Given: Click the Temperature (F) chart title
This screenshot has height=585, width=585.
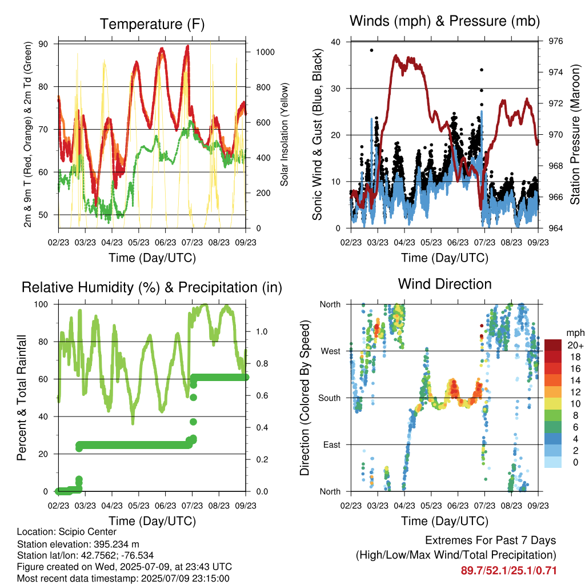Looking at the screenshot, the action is (x=152, y=24).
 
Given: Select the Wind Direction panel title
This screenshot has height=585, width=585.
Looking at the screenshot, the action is (x=444, y=284).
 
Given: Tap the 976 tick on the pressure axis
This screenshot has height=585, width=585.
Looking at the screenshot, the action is (x=555, y=41).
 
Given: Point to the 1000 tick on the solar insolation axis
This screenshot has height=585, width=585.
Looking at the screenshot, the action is (x=265, y=52).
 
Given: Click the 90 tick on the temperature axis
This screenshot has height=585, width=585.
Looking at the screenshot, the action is (x=43, y=44).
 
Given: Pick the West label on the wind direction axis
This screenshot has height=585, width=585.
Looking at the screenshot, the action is (x=331, y=351).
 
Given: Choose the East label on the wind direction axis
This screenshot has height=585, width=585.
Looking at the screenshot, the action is (x=332, y=444).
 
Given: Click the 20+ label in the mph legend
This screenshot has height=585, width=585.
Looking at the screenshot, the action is (x=575, y=345).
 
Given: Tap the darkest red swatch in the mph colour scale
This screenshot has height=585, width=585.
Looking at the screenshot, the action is (x=553, y=345).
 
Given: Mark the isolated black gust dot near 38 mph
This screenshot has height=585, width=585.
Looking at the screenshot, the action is (x=371, y=50).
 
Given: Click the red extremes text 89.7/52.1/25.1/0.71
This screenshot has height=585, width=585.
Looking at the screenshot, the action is (x=508, y=571).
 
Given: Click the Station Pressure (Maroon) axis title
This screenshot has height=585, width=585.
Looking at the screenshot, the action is (x=575, y=134).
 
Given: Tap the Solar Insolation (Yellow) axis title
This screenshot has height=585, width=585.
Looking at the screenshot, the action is (x=285, y=134).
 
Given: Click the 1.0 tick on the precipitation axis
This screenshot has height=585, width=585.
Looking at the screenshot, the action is (x=261, y=332).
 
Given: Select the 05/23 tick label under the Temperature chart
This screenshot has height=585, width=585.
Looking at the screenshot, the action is (x=138, y=242).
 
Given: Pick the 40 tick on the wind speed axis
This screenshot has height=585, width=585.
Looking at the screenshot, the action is (x=335, y=42).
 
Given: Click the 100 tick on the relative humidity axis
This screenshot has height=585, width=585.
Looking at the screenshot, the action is (x=41, y=304).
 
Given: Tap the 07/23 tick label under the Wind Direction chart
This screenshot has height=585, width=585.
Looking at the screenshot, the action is (x=484, y=506).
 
